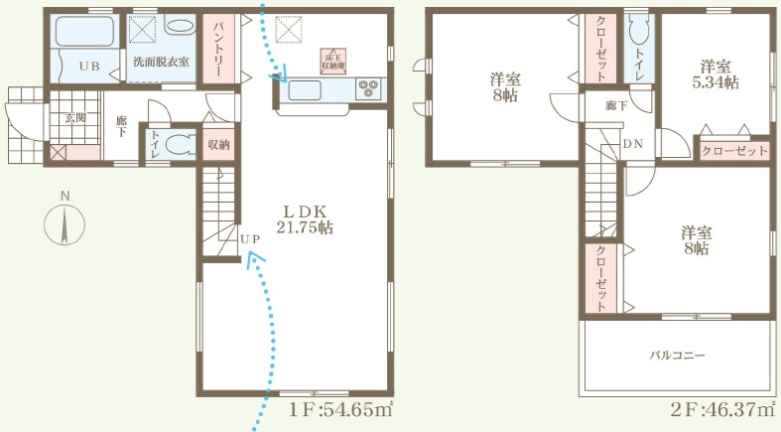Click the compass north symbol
[x=65, y=224]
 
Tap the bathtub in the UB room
[x=84, y=32]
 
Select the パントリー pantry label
[x=218, y=50]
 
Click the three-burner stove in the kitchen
[x=369, y=89]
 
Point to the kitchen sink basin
[x=305, y=90]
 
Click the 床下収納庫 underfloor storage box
[x=333, y=62]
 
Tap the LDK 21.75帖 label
[x=305, y=219]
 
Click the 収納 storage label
[x=218, y=145]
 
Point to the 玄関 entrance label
[x=75, y=117]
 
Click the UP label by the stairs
[x=250, y=239]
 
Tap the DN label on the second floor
[x=633, y=144]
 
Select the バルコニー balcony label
[x=677, y=356]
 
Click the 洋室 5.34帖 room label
[x=716, y=74]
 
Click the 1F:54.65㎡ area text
[x=341, y=410]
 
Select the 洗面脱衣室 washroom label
[x=161, y=63]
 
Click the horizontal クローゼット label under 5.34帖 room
[x=734, y=151]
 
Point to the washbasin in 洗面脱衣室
[x=179, y=26]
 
